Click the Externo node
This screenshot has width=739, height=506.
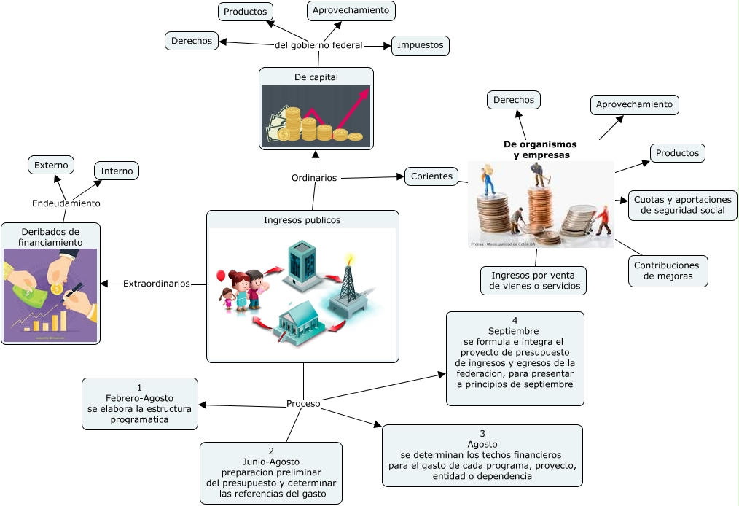(x=50, y=165)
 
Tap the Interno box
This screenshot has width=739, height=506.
(x=117, y=171)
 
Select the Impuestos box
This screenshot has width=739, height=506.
(x=420, y=45)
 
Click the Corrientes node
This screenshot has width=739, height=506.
(x=431, y=176)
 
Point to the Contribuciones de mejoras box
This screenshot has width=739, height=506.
(x=666, y=270)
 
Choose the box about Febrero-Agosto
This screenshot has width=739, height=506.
(x=139, y=404)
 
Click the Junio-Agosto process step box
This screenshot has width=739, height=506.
(x=270, y=472)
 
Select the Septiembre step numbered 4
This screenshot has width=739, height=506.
(x=515, y=358)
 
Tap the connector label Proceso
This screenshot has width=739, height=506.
(x=303, y=403)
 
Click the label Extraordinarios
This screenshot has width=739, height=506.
(x=157, y=283)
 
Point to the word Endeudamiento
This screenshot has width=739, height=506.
(x=66, y=203)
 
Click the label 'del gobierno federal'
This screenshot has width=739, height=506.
(x=318, y=45)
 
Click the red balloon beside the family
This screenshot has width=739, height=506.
(x=220, y=276)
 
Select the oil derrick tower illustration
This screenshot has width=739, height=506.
(x=350, y=288)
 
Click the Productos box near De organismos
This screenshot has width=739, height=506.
(x=677, y=153)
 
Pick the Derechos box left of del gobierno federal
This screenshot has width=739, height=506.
(x=192, y=41)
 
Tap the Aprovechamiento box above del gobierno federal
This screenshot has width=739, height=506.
(x=351, y=10)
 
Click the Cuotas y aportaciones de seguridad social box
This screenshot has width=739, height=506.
(x=682, y=205)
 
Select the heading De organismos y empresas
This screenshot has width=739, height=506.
(x=540, y=149)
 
